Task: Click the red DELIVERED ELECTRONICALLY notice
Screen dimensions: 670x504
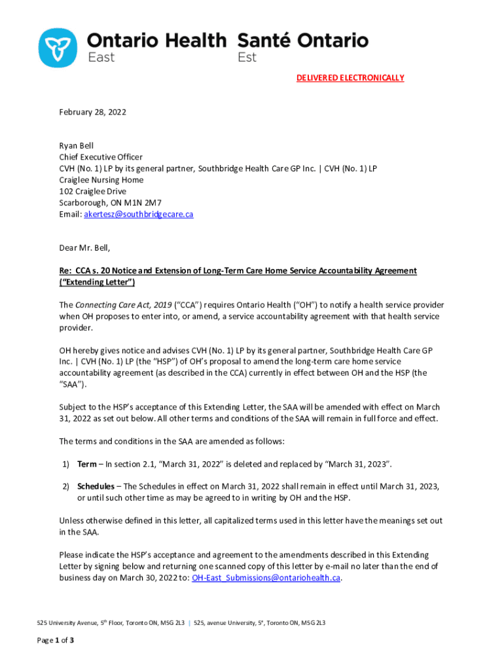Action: point(350,78)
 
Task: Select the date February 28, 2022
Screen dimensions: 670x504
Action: point(92,112)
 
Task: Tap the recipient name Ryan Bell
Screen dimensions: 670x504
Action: point(77,146)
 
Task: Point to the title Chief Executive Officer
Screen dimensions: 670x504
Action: point(101,157)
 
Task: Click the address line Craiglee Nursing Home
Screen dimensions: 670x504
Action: point(101,180)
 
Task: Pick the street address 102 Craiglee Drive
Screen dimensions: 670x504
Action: point(93,192)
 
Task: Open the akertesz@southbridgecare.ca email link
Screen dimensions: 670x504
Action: point(139,214)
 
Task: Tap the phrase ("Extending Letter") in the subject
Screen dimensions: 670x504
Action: point(97,282)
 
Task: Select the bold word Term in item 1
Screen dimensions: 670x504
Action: point(87,464)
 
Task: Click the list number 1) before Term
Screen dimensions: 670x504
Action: point(66,464)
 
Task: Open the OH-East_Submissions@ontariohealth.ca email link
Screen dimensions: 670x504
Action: point(266,578)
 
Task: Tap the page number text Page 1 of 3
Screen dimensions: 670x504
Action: point(55,640)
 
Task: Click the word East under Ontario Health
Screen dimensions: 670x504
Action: point(101,58)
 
